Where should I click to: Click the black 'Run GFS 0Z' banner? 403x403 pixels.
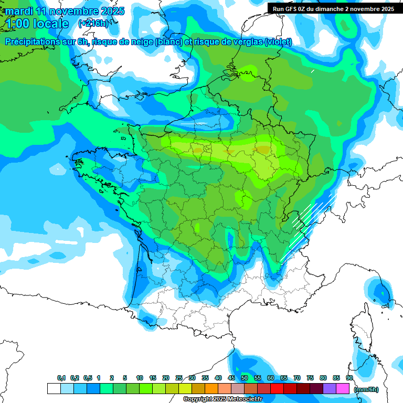[x=334, y=8]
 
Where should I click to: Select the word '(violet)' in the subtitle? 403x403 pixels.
[x=279, y=42]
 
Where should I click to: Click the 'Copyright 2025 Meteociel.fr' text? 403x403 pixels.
[x=222, y=399]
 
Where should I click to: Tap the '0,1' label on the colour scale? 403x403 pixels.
[x=61, y=378]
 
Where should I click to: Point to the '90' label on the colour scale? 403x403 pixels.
[x=349, y=378]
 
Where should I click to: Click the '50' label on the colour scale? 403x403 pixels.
[x=245, y=378]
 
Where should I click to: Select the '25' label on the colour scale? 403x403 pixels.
[x=179, y=378]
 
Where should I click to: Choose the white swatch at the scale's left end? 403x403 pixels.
[x=54, y=389]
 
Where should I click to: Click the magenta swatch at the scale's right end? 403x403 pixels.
[x=343, y=389]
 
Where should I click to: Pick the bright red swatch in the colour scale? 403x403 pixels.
[x=277, y=389]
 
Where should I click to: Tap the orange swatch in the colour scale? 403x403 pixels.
[x=211, y=389]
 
